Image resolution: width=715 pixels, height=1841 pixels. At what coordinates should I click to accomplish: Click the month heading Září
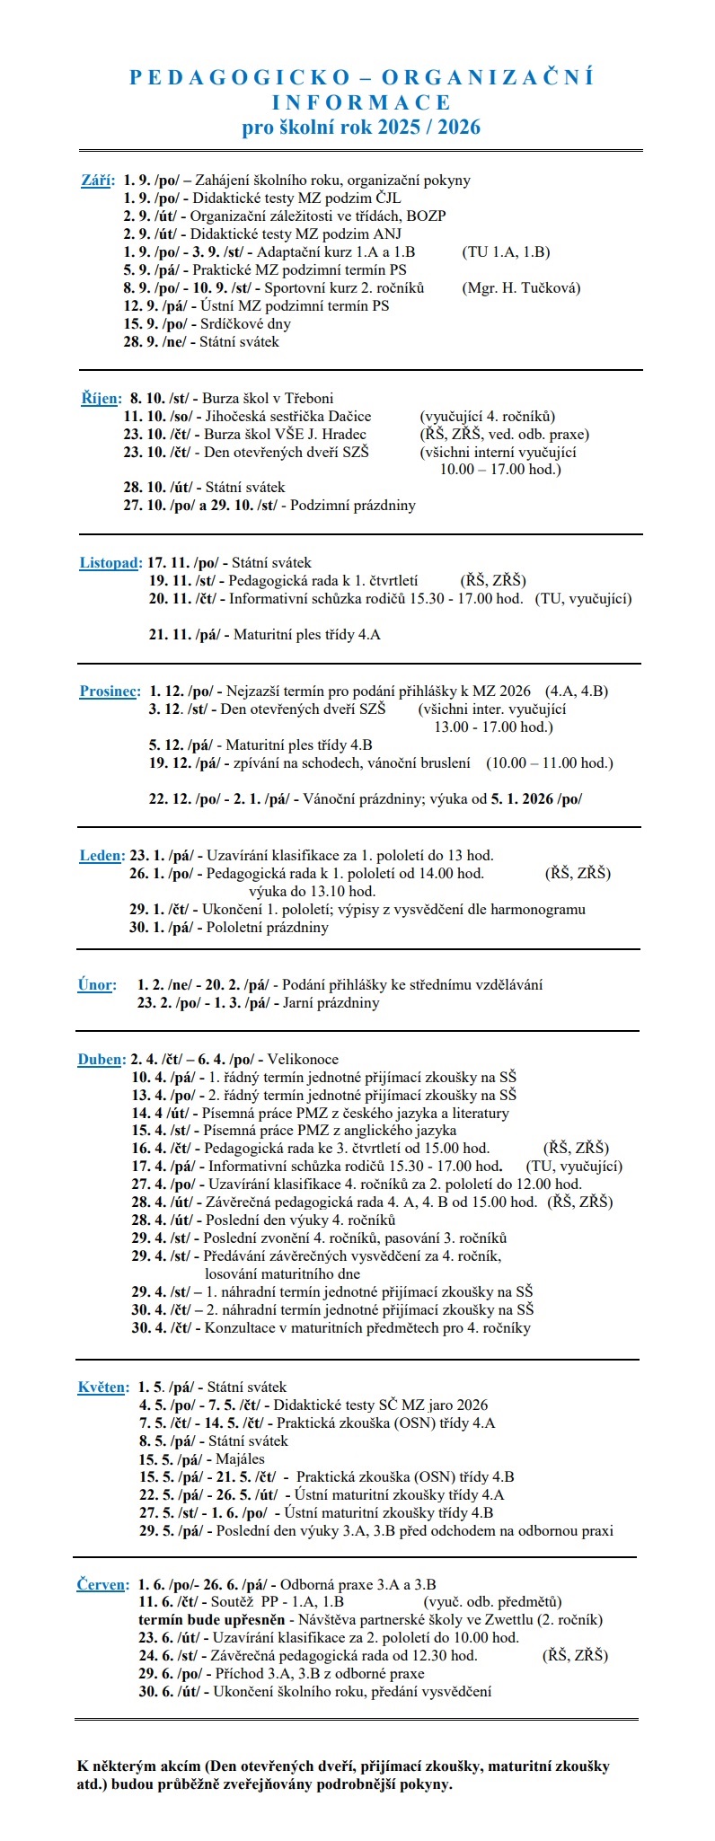(x=97, y=181)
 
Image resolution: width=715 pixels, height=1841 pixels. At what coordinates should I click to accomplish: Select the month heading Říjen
(x=99, y=399)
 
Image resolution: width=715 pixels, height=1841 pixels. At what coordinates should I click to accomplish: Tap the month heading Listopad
(x=110, y=563)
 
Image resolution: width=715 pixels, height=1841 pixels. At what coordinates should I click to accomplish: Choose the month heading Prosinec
(x=110, y=691)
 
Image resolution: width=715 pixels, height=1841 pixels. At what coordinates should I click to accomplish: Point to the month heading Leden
(x=100, y=856)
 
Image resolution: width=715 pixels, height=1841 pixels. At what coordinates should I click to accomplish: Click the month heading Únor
(x=96, y=985)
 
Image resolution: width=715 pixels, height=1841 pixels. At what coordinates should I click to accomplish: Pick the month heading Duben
(x=100, y=1060)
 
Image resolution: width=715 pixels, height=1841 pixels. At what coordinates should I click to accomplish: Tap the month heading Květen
(x=102, y=1387)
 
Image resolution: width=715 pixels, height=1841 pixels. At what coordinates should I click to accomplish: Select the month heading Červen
(x=102, y=1585)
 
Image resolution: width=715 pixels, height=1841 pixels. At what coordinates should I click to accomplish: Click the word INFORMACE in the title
(x=361, y=102)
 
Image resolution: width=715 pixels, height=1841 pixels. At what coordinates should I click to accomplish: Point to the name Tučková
(x=551, y=288)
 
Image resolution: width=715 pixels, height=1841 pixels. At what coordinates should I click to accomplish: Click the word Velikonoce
(x=303, y=1060)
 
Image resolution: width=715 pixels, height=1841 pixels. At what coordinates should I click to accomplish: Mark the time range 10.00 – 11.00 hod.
(x=549, y=763)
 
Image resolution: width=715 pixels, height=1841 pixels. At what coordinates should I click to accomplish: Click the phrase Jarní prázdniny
(x=331, y=1003)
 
